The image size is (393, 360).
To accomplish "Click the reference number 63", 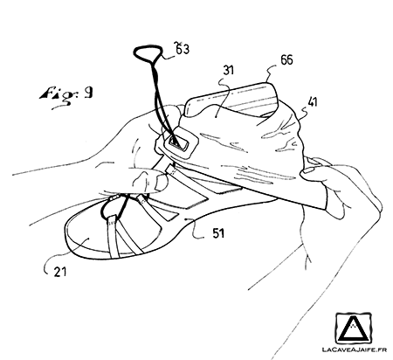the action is pyautogui.click(x=182, y=48).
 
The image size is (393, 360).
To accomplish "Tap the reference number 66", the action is pyautogui.click(x=286, y=59).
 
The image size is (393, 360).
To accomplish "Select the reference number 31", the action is pyautogui.click(x=229, y=70).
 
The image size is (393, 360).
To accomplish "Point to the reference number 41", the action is pyautogui.click(x=312, y=102).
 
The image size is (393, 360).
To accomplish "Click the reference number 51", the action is pyautogui.click(x=218, y=233).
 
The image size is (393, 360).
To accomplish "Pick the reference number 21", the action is pyautogui.click(x=60, y=272).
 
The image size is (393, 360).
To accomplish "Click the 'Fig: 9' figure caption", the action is pyautogui.click(x=66, y=94).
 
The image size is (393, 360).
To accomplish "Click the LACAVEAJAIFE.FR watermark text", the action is pyautogui.click(x=355, y=350).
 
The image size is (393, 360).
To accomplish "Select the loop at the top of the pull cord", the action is pyautogui.click(x=148, y=52).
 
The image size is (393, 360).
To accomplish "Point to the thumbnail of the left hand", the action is pyautogui.click(x=161, y=183).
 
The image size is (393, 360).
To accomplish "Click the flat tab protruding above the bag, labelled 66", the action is pyautogui.click(x=233, y=99).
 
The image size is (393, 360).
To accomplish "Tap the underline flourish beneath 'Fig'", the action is pyautogui.click(x=62, y=107).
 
